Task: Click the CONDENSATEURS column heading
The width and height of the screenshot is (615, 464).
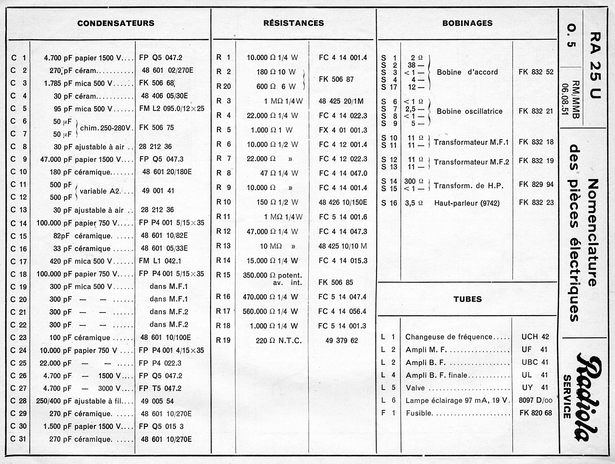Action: point(116,23)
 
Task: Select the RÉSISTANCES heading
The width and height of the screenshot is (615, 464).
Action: point(293,23)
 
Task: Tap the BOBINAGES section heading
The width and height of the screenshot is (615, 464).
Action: point(467,23)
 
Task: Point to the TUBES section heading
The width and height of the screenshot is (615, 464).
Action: point(467,299)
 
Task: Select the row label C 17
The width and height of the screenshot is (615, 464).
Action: point(19,261)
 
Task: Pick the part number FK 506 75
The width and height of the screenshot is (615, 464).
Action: point(156,128)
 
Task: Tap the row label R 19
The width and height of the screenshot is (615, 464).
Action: point(223,340)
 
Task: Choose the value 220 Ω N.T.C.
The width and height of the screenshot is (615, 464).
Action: point(278,341)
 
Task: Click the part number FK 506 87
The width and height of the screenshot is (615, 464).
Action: point(336,79)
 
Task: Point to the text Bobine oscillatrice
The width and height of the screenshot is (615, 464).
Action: point(470,111)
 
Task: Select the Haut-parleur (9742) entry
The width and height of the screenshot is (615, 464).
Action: point(467,203)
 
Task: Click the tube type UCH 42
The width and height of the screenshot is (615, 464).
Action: point(535,337)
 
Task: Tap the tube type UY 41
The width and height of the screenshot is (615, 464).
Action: point(535,387)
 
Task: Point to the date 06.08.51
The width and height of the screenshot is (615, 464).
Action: point(565,100)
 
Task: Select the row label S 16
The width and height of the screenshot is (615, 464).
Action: point(389,203)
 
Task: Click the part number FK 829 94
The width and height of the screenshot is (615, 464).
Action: point(536,184)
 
